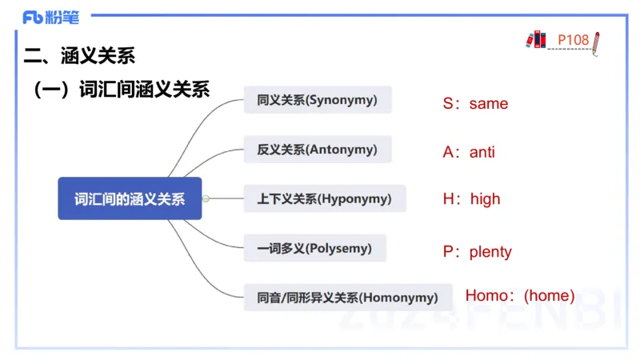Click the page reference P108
click(573, 39)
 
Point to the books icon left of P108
click(535, 38)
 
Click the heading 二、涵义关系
click(79, 55)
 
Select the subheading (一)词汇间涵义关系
click(120, 90)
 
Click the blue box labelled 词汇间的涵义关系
click(130, 198)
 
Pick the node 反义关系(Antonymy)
click(318, 149)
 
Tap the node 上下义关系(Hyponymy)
click(324, 198)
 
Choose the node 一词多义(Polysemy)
click(314, 248)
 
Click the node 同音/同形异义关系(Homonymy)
click(348, 298)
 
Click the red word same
click(489, 104)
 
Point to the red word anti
click(482, 152)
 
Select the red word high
click(485, 199)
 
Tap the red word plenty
click(490, 252)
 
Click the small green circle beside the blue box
click(206, 198)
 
